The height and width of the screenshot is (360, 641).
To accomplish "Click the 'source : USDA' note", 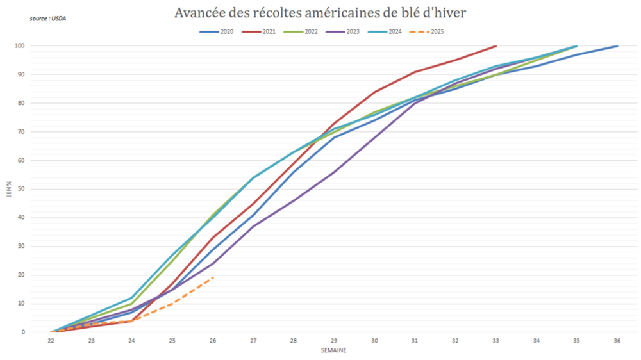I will [x=48, y=19].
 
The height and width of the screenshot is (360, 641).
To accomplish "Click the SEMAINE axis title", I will [x=333, y=350].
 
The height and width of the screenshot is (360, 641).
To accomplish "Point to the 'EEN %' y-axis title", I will [x=9, y=190].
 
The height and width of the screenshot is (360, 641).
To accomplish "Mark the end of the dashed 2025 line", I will [x=213, y=277].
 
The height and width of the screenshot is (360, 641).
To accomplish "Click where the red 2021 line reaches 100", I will [x=495, y=46].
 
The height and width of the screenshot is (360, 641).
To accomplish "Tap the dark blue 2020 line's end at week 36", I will [x=617, y=46].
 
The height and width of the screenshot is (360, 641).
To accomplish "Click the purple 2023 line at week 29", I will [x=334, y=172].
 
